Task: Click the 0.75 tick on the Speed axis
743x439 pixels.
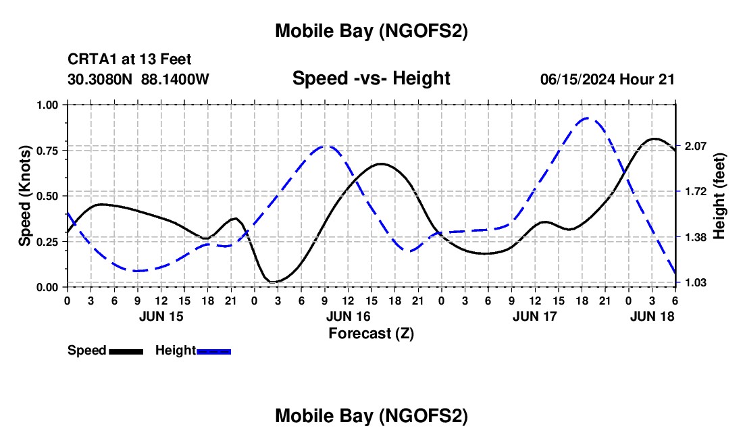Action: (x=48, y=150)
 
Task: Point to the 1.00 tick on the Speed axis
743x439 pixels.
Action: (x=48, y=105)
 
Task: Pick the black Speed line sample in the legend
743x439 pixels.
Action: (x=126, y=351)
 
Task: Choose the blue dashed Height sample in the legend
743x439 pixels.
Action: (x=213, y=351)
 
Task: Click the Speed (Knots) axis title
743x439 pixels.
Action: (x=25, y=196)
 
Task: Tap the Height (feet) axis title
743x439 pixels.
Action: (x=719, y=196)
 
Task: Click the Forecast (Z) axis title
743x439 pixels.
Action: (x=371, y=333)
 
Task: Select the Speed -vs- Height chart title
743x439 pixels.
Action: (x=371, y=78)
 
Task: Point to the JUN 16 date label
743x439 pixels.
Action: (x=348, y=316)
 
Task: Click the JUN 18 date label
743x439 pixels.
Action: (x=652, y=316)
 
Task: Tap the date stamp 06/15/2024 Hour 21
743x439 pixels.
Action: (x=607, y=80)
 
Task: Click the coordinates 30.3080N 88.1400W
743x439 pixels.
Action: (x=138, y=80)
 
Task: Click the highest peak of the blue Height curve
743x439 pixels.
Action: (x=586, y=118)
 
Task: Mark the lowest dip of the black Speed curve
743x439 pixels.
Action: (x=274, y=282)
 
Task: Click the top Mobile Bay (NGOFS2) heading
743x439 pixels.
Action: (x=371, y=31)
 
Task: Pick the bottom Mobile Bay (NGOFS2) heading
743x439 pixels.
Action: (x=371, y=417)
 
